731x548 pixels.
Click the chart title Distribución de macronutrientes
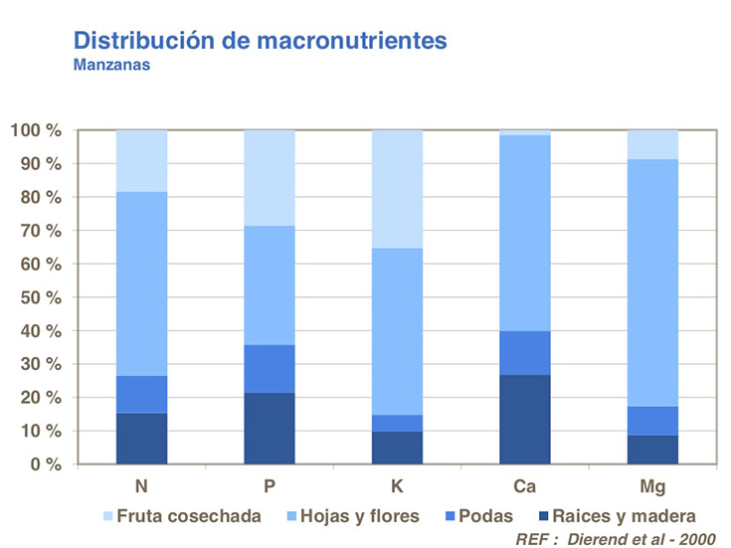click(x=261, y=42)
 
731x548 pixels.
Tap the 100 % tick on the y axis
click(x=37, y=130)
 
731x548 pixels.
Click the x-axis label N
click(x=141, y=488)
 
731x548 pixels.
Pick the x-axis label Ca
click(x=524, y=488)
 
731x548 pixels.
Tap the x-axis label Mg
click(x=652, y=488)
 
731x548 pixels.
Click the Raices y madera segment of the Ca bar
click(x=524, y=420)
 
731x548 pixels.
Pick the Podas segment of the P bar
click(x=270, y=369)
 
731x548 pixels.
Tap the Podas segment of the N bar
click(x=141, y=394)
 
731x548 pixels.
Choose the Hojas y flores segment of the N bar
click(x=141, y=283)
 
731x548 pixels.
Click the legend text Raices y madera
click(x=627, y=516)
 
